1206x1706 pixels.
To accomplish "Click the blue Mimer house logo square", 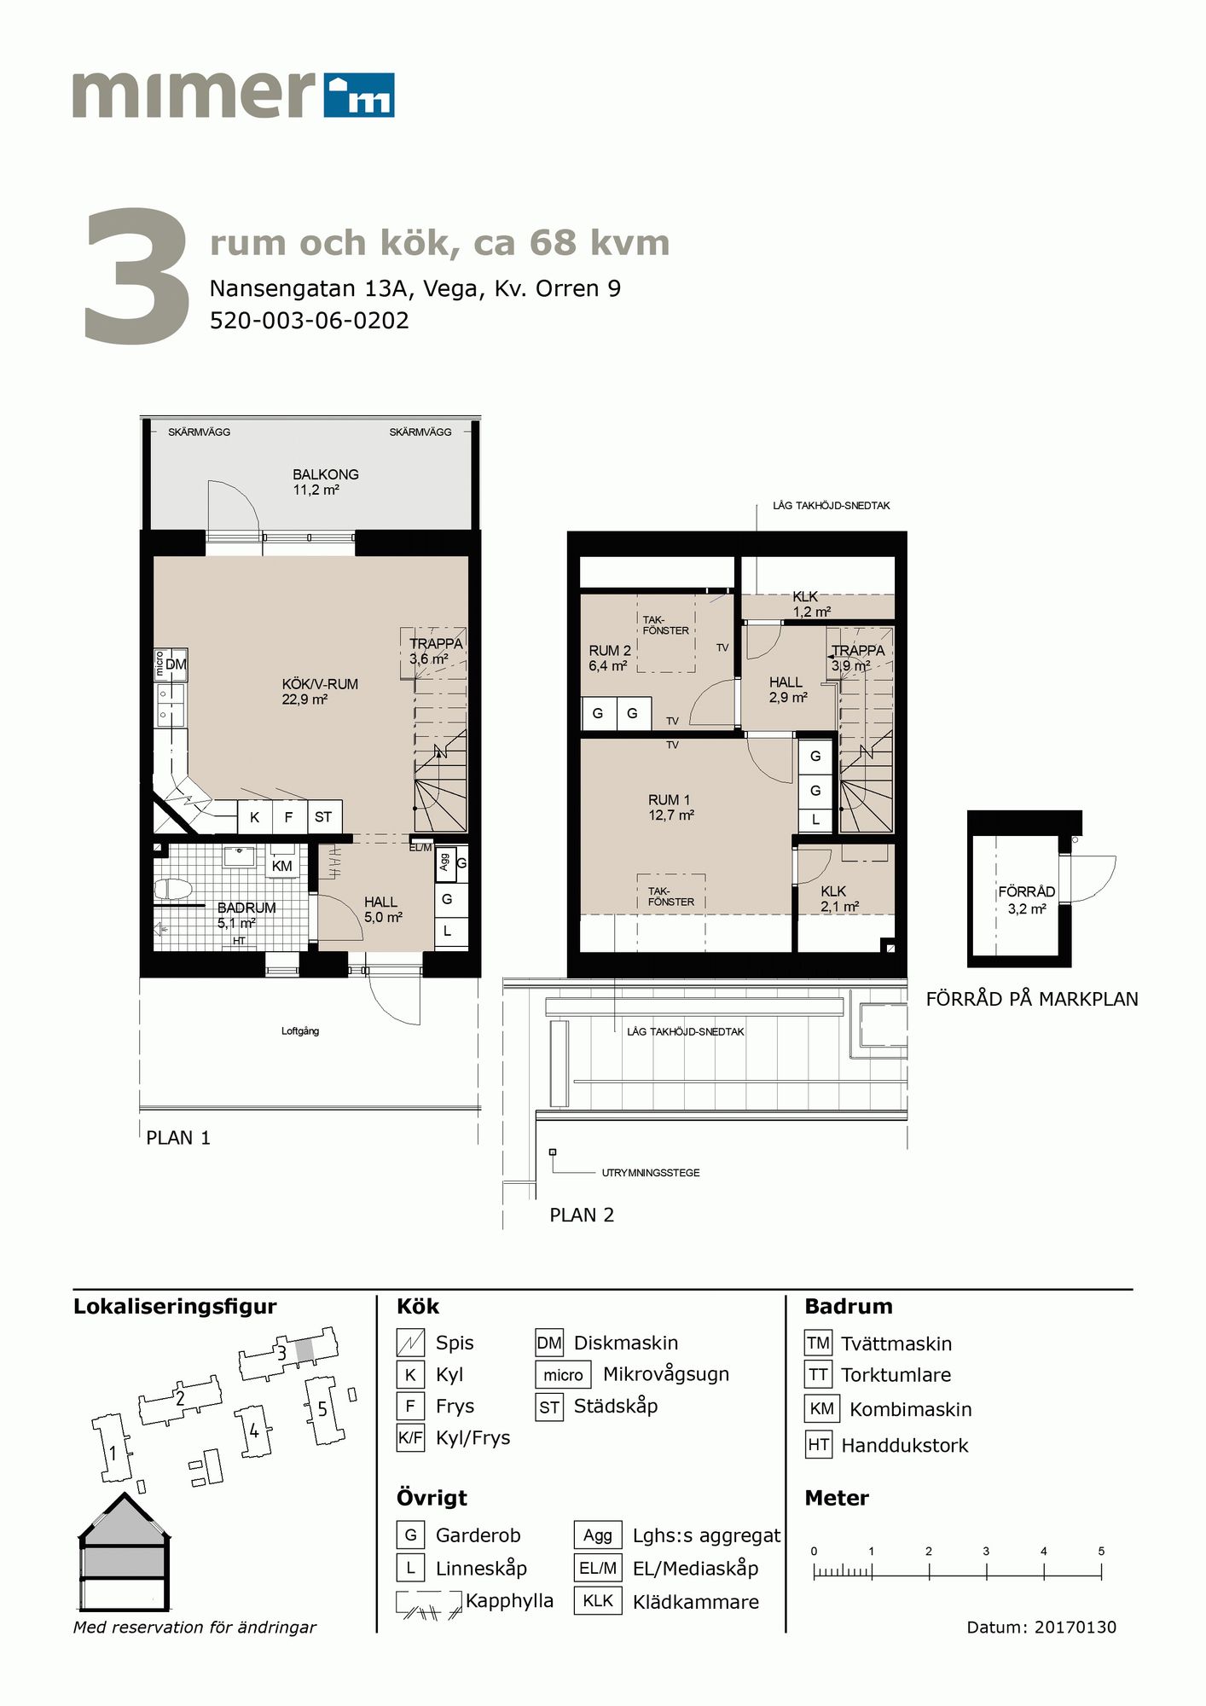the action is coord(358,94).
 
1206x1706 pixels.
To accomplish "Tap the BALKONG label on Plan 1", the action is coord(325,474).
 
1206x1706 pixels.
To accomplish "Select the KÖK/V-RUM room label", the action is coord(320,684).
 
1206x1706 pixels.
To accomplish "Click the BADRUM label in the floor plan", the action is coord(246,908).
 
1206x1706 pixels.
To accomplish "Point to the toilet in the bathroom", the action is coord(173,890).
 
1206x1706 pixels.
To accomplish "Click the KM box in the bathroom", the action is coord(281,866).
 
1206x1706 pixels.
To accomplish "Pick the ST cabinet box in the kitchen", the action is coord(323,817).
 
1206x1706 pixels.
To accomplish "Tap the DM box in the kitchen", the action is coord(176,664).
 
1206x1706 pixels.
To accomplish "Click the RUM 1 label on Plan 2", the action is coord(670,800).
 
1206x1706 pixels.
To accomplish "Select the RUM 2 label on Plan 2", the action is coord(610,651).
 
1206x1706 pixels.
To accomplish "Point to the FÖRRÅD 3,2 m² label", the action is coord(1027,900).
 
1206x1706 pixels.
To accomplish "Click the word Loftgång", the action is coord(300,1031).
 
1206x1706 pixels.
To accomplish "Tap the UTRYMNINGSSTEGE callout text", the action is coord(651,1173).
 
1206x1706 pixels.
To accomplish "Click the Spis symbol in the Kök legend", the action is coord(410,1343).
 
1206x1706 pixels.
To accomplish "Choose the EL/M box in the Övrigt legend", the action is coord(598,1568).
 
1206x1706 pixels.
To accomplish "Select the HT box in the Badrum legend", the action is coord(819,1445).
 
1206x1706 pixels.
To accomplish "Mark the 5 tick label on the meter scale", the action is coord(1101,1551).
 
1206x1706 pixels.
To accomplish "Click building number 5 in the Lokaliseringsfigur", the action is coord(322,1409).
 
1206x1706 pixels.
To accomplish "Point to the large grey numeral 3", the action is coord(136,277).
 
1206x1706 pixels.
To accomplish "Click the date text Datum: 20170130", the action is coord(1041,1627).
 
